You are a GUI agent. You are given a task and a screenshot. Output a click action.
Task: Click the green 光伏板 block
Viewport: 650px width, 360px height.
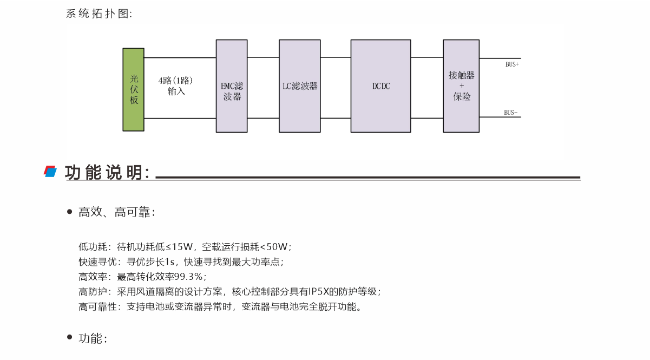point(133,89)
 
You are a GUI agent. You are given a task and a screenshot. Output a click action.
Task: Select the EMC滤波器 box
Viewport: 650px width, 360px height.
point(232,86)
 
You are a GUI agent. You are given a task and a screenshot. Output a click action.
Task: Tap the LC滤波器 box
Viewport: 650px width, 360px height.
point(300,86)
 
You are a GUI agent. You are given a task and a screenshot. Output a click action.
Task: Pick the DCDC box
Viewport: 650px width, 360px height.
point(381,86)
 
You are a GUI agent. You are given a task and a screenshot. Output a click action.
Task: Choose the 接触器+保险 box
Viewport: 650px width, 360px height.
point(461,86)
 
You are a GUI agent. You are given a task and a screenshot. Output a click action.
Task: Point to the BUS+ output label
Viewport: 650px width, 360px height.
point(512,64)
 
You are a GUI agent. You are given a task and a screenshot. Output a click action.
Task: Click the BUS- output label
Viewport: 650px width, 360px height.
point(511,113)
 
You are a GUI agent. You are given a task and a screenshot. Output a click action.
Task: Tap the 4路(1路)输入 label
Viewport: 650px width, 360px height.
point(176,86)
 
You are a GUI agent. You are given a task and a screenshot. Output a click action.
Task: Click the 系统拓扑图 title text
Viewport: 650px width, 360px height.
point(99,14)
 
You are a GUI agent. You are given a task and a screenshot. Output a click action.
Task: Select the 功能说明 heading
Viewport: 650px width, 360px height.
point(107,173)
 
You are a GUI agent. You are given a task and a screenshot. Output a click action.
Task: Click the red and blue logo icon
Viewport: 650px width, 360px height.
point(50,172)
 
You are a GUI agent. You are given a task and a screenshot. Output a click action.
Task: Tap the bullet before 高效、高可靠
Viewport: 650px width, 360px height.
point(69,212)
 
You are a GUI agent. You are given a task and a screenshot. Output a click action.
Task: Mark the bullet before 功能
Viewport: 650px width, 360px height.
point(69,338)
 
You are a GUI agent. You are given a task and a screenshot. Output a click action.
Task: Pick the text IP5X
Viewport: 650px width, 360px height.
point(319,292)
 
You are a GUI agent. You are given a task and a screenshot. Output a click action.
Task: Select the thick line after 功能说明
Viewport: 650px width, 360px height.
point(368,177)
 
